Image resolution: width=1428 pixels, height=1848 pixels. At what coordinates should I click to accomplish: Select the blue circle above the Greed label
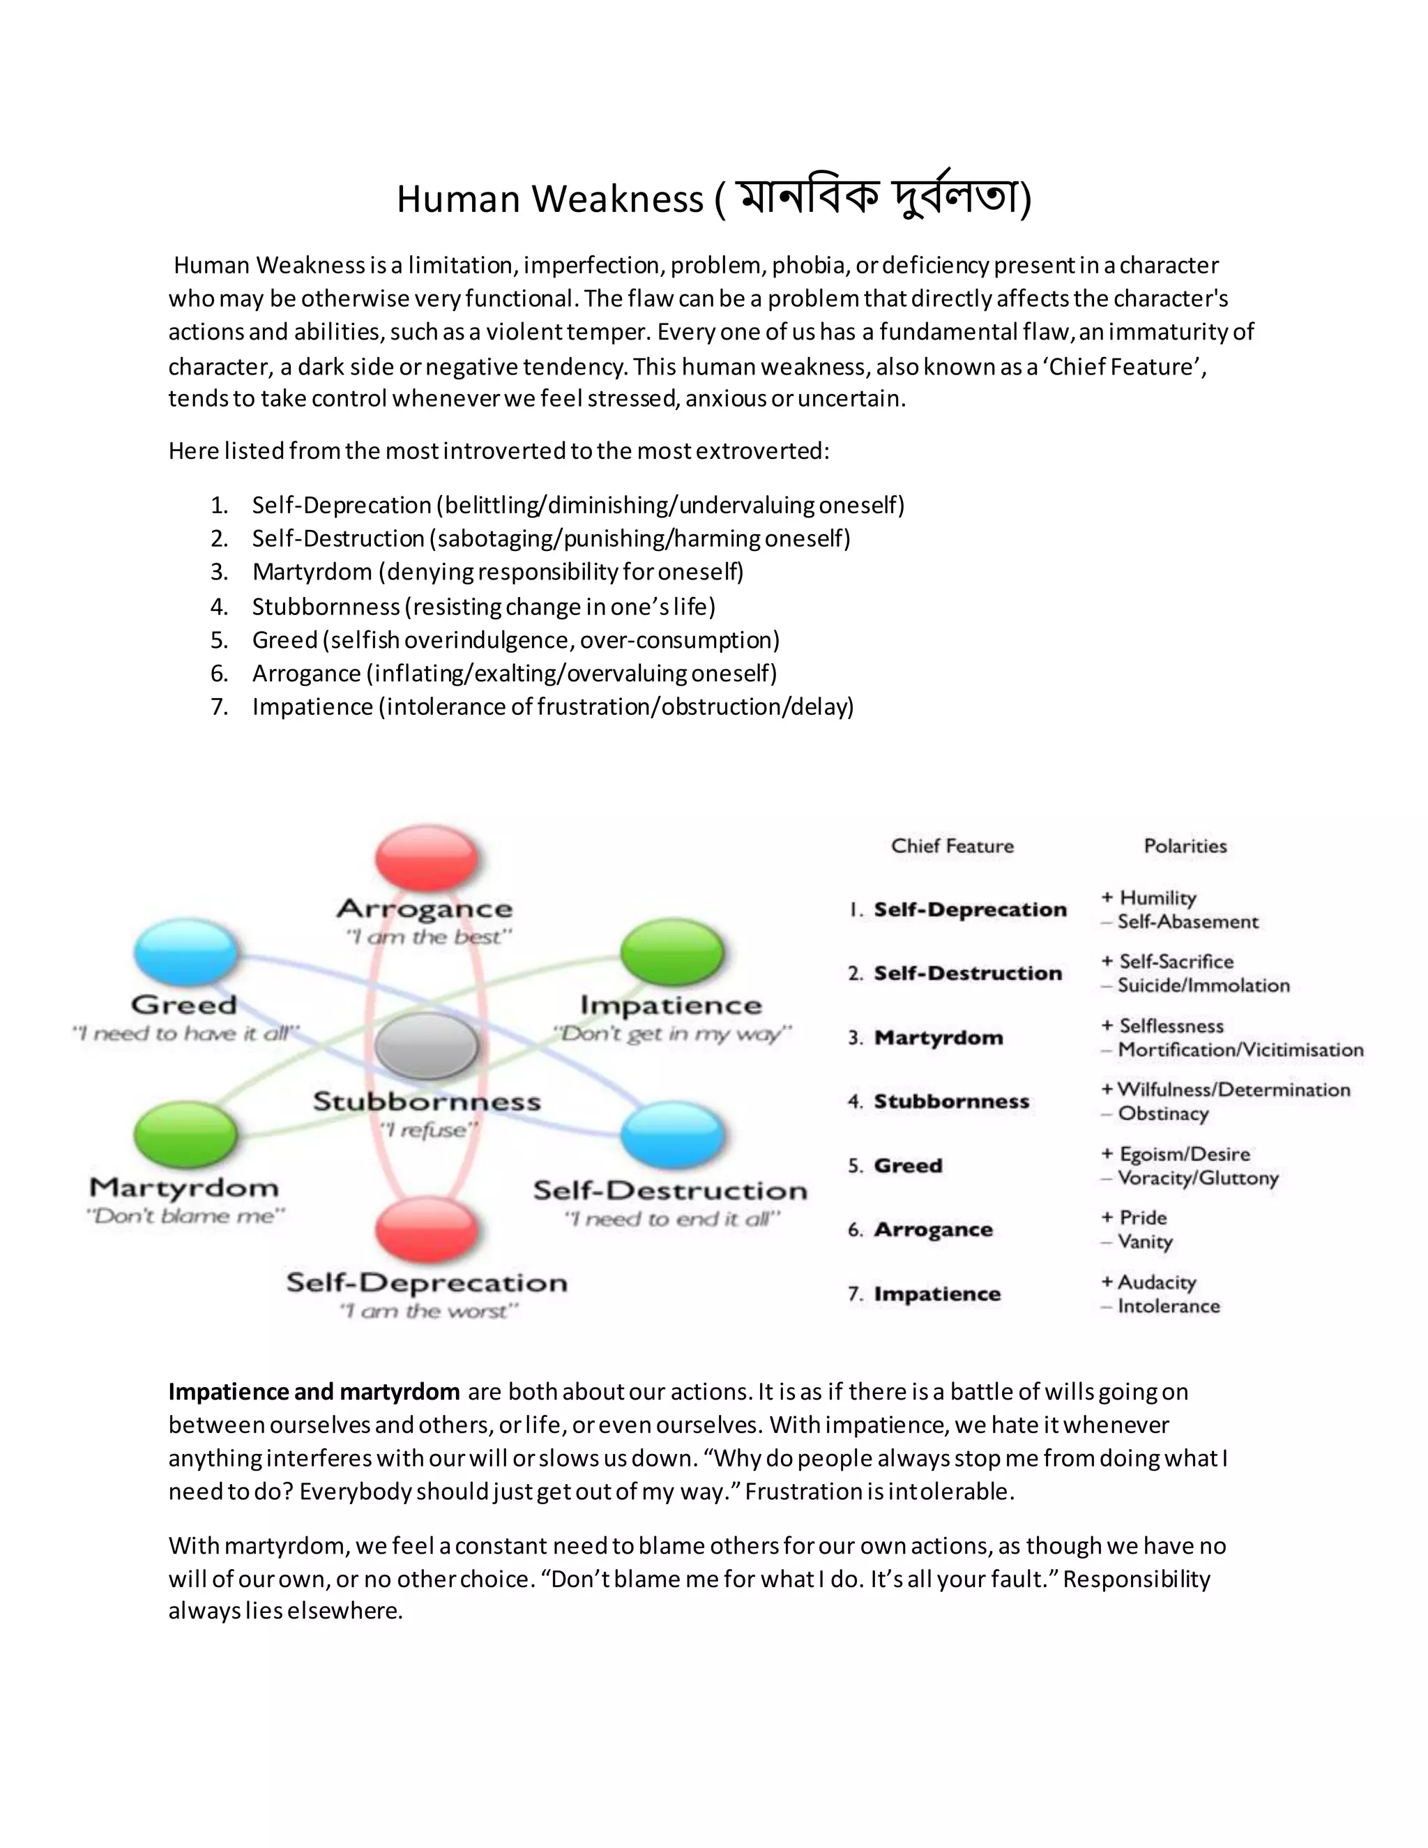tap(186, 952)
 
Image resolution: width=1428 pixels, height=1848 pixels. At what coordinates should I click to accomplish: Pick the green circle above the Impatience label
tap(673, 952)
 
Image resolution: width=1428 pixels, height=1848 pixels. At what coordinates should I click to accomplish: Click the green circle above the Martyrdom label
tap(186, 1134)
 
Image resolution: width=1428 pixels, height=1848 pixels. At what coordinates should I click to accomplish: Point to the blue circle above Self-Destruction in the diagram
tap(673, 1134)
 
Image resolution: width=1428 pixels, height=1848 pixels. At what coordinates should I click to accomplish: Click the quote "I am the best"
tap(428, 937)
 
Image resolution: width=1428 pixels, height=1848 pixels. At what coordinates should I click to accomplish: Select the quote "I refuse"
tap(428, 1130)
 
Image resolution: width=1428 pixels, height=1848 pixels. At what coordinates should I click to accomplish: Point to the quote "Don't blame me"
tap(186, 1216)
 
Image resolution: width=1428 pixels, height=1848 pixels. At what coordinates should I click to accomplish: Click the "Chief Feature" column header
tap(952, 845)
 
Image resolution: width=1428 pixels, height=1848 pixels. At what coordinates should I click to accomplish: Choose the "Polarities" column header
tap(1185, 845)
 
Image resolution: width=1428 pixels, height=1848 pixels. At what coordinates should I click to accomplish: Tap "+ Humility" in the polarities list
tap(1149, 898)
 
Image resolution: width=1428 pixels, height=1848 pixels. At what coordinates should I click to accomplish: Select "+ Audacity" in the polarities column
tap(1149, 1282)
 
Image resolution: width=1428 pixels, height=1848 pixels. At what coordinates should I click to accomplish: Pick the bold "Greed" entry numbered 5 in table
tap(908, 1165)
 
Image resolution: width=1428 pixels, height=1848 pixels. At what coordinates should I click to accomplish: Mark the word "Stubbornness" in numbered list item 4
tap(326, 607)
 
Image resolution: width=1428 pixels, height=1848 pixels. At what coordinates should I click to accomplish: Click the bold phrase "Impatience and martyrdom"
tap(314, 1392)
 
